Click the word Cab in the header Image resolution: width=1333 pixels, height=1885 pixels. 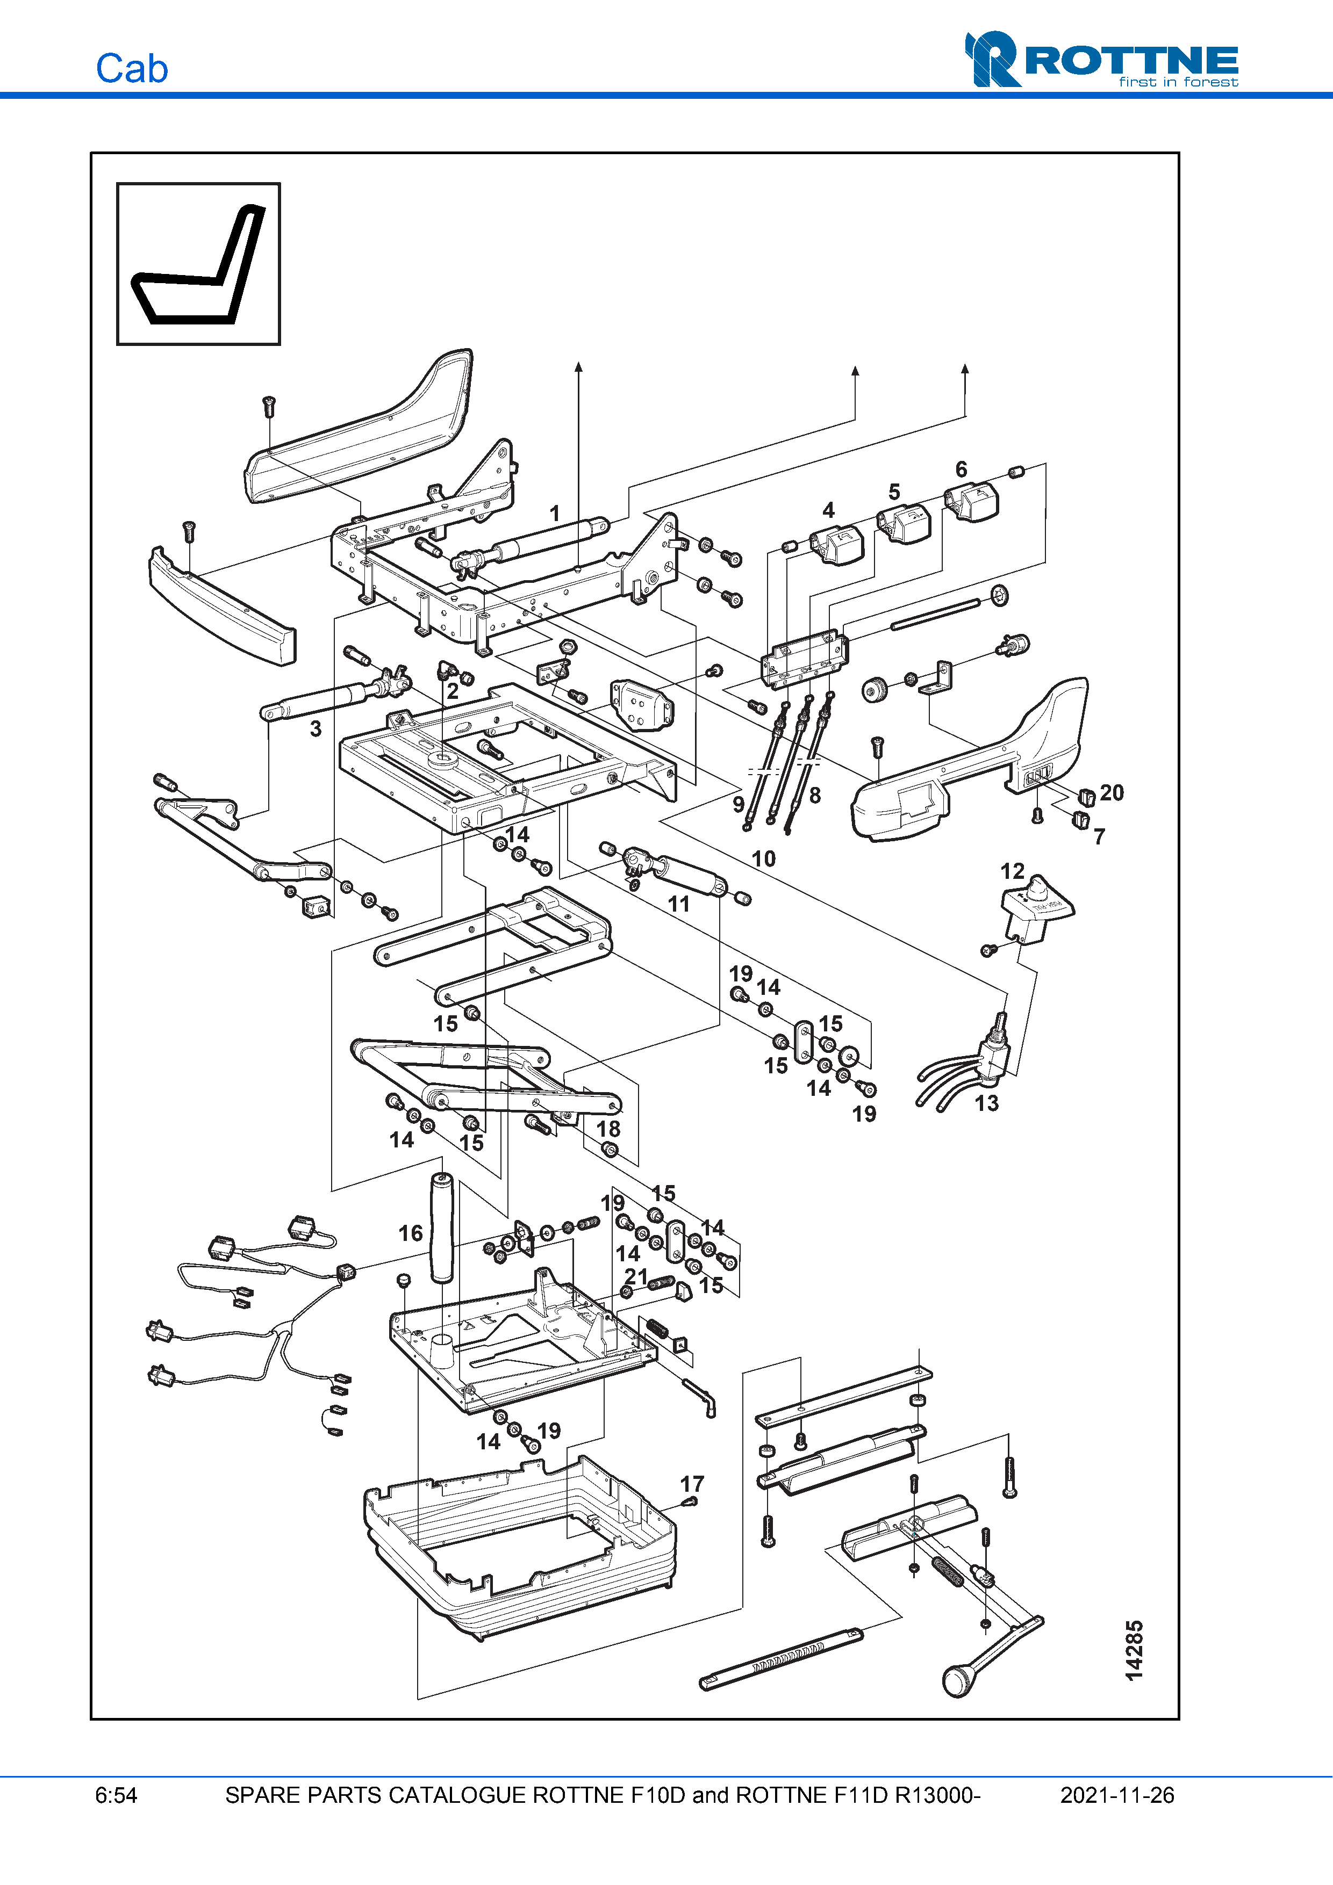pos(131,69)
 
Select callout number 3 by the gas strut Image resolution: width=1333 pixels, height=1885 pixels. pos(316,728)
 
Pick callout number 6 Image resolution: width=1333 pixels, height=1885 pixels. pos(961,469)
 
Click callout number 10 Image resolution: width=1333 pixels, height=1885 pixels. pos(763,859)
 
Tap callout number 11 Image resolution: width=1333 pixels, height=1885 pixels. pos(678,904)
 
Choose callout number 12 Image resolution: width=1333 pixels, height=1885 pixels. pos(1012,871)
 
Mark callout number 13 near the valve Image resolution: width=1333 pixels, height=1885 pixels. pos(986,1103)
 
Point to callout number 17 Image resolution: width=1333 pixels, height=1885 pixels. pos(692,1484)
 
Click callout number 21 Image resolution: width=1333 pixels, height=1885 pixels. pos(636,1277)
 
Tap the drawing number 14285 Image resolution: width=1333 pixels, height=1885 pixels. pos(1134,1650)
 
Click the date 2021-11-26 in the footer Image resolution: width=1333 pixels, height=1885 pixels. pos(1116,1795)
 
